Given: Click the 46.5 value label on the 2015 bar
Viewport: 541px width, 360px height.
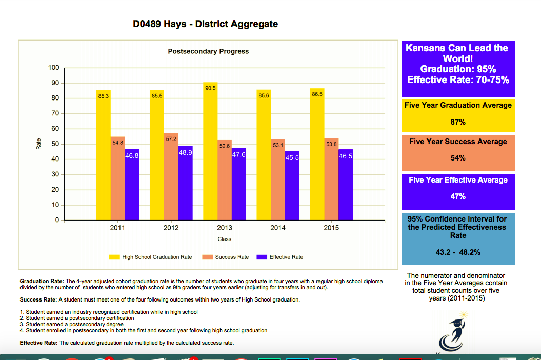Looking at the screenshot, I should pos(346,156).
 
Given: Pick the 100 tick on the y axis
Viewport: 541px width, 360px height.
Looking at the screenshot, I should pos(54,68).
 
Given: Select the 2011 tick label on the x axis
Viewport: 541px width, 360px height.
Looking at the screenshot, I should pos(117,228).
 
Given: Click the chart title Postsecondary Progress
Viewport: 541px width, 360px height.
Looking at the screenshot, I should pos(208,51).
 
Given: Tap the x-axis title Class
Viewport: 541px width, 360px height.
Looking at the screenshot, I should pos(224,239).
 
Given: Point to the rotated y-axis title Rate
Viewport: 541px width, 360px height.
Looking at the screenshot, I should pos(38,145).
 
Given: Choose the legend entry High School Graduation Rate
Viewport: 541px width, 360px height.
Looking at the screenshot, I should pos(157,257).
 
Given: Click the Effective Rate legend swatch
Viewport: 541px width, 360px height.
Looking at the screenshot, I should pos(262,257).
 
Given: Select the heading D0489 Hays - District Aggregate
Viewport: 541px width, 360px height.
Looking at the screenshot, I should pos(205,24).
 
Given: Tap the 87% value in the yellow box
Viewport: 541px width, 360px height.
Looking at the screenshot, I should pos(458,122).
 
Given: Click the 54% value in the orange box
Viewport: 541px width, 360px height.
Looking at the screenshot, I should pos(458,158).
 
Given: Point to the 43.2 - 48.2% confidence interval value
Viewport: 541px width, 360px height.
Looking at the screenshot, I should pos(458,252).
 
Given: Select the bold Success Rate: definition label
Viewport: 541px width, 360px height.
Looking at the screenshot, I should pos(38,299).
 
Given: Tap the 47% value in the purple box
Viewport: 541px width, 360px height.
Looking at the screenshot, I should pos(458,196).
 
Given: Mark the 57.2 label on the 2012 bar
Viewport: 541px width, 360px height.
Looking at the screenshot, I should pos(171,139).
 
